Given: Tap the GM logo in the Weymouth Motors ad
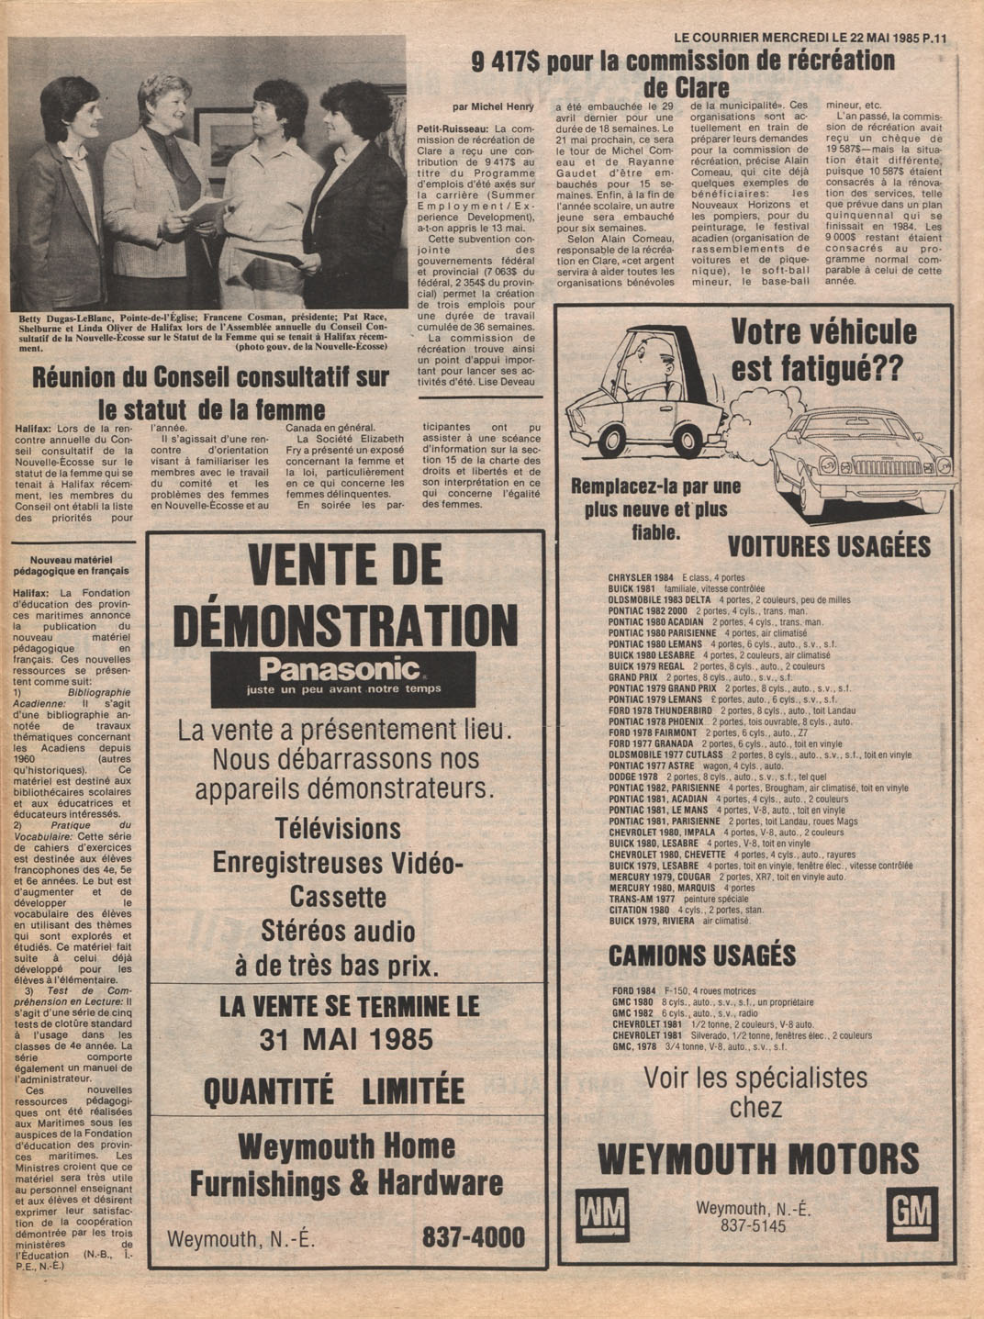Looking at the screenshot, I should (x=912, y=1214).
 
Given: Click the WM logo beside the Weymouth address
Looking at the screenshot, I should (x=602, y=1215).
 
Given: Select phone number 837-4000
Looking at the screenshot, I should (x=473, y=1237).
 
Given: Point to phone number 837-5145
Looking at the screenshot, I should (x=753, y=1225).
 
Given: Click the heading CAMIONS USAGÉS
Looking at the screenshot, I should (x=702, y=956).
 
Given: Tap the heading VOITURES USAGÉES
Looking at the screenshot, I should (x=829, y=547).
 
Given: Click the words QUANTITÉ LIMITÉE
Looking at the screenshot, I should (x=334, y=1091).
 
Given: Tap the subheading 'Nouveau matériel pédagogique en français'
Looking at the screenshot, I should (x=79, y=564).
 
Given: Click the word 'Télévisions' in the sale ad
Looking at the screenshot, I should (x=338, y=829).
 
